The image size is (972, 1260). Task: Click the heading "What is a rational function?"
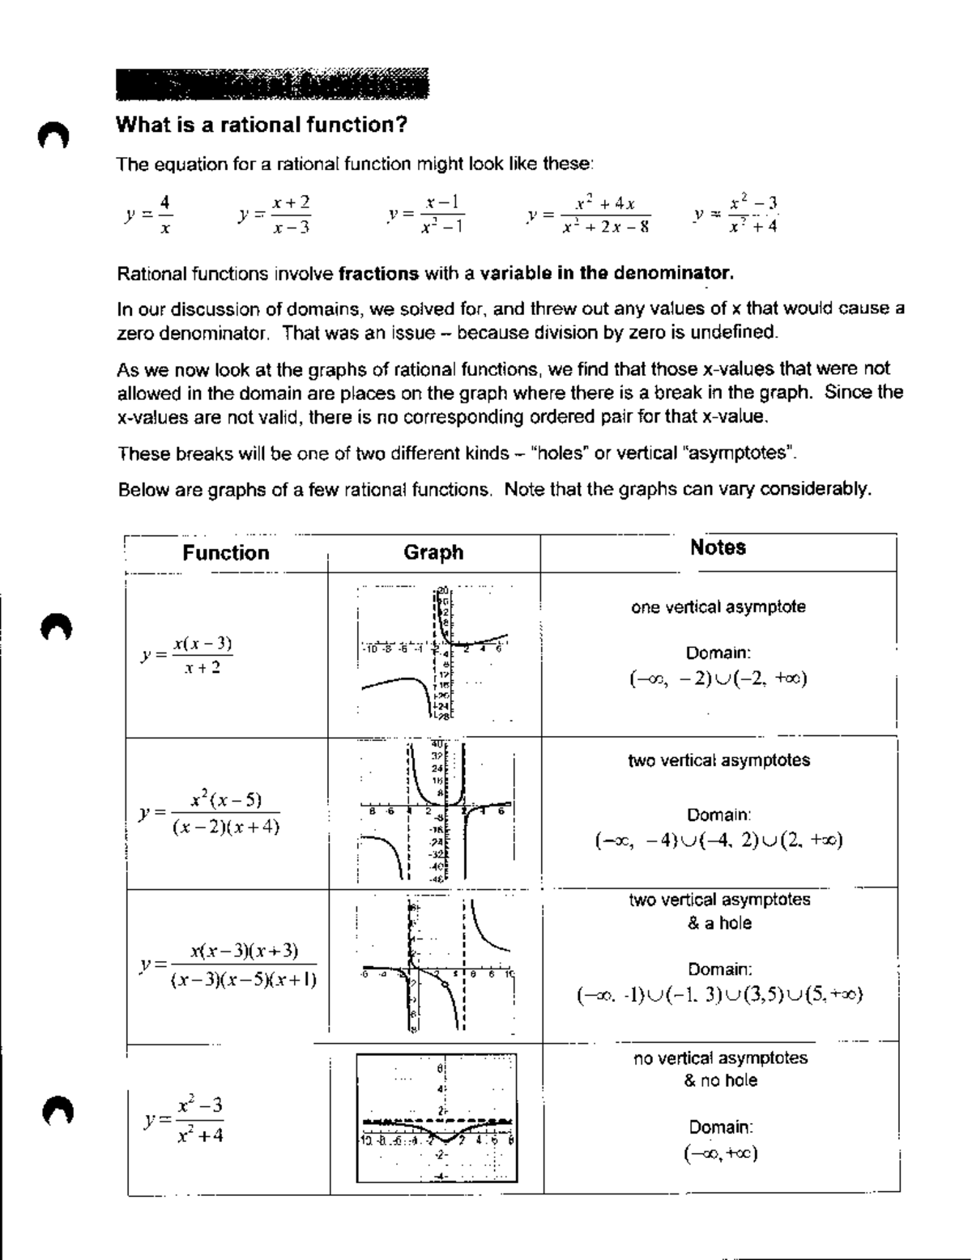[x=261, y=126]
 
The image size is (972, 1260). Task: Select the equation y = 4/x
[x=149, y=214]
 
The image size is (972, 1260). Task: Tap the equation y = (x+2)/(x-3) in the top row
[x=275, y=215]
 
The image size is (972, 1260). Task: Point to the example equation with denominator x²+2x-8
[x=589, y=215]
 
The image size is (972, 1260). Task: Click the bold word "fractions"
[x=378, y=274]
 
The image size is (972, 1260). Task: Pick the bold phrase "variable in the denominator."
[x=607, y=274]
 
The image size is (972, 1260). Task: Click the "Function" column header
[x=226, y=553]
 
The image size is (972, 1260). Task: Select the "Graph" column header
[x=433, y=552]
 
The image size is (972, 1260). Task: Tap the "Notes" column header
[x=718, y=547]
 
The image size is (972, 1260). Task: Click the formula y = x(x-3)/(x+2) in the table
[x=187, y=655]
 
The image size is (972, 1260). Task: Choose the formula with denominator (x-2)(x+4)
[x=210, y=812]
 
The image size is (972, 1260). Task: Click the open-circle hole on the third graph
[x=445, y=985]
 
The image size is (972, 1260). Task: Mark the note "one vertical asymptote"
[x=718, y=607]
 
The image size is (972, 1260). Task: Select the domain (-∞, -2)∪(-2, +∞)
[x=718, y=679]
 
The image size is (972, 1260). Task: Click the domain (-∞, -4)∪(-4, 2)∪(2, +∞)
[x=718, y=841]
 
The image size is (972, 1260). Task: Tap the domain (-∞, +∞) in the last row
[x=720, y=1154]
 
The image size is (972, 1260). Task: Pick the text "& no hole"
[x=720, y=1080]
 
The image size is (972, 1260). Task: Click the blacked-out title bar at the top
[x=271, y=84]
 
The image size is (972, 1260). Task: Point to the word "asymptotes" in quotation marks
[x=740, y=453]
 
